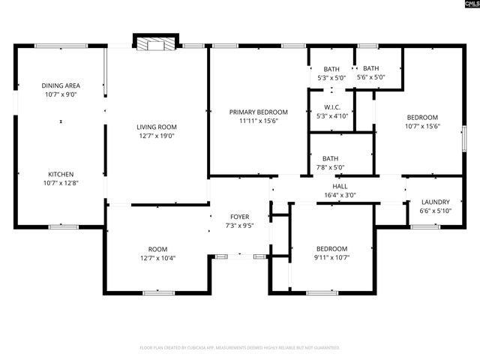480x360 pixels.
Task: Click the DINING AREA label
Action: point(61,85)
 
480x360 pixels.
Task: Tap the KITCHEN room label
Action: point(61,174)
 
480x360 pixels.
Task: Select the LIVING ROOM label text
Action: point(156,127)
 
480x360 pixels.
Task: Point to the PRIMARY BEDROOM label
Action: point(258,112)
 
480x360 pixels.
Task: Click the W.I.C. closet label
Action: point(332,106)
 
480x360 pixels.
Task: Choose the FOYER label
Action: point(240,217)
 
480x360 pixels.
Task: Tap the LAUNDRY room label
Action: point(435,202)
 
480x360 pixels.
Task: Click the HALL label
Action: point(340,186)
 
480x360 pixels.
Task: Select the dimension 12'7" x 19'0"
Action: point(156,136)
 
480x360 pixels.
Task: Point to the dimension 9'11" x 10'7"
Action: point(331,258)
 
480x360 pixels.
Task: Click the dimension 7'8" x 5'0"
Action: point(330,167)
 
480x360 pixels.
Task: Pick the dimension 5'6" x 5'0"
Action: point(370,77)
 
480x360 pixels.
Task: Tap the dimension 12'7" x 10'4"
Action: point(157,258)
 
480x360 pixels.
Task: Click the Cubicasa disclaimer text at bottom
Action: point(240,348)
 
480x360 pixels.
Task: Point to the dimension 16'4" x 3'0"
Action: point(340,195)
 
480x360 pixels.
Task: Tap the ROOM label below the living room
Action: point(157,249)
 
